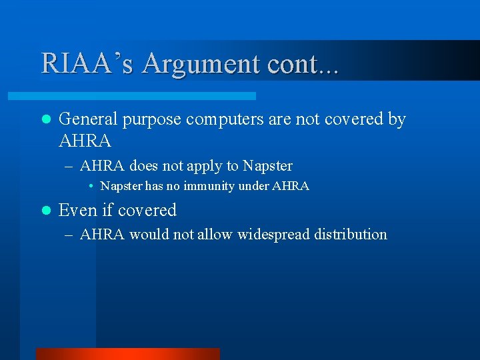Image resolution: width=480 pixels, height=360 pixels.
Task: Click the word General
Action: tap(87, 119)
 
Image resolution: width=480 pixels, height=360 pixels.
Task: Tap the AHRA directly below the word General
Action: tap(85, 141)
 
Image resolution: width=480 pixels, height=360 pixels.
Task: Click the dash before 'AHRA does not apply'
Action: tap(70, 166)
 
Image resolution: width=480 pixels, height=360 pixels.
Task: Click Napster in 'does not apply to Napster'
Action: tap(267, 165)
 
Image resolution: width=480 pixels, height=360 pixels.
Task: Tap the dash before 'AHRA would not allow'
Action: tap(70, 235)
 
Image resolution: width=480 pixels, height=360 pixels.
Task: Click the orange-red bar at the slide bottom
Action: tap(127, 354)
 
